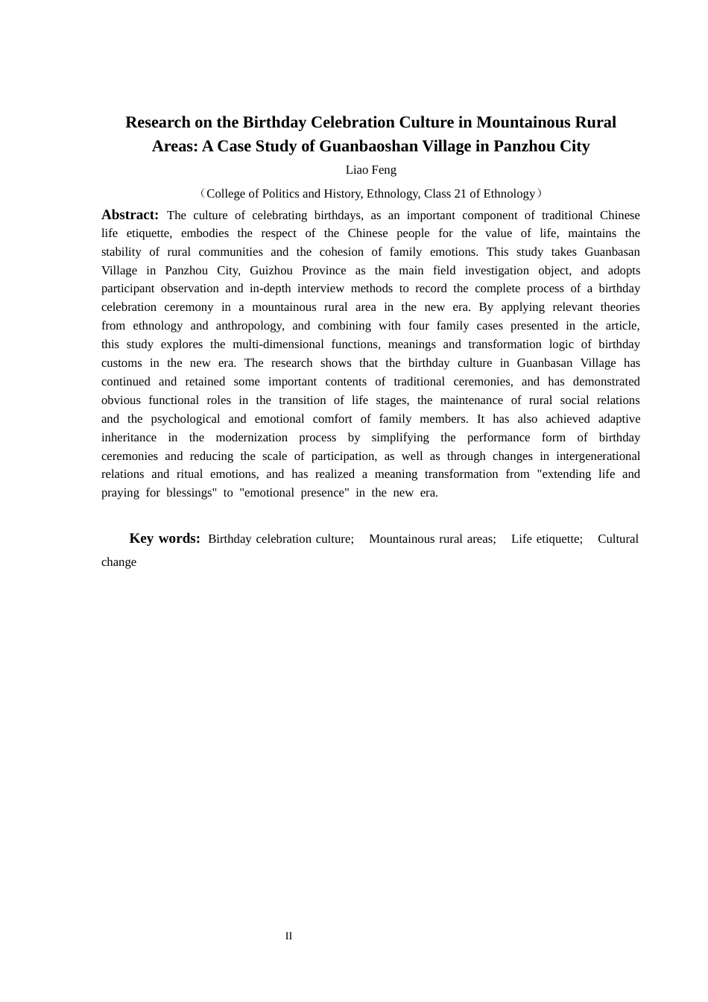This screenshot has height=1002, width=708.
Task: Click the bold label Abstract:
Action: click(x=130, y=215)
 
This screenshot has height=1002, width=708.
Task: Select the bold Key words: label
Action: click(x=164, y=538)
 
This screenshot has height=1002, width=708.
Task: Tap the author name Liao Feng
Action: click(x=370, y=170)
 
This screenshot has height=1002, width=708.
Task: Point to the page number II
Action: click(x=288, y=936)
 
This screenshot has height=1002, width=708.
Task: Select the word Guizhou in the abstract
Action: click(x=271, y=271)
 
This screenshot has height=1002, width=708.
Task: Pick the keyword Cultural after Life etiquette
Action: click(x=618, y=539)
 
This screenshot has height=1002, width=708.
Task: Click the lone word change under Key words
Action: click(x=118, y=562)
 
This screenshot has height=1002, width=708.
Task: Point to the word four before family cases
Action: click(x=418, y=326)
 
